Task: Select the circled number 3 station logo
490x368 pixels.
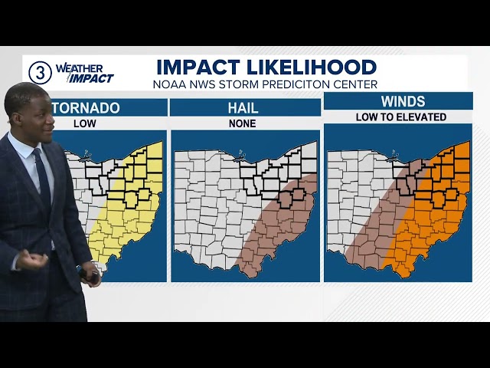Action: click(40, 72)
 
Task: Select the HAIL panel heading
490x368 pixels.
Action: click(244, 108)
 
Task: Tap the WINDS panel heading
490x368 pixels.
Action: click(397, 102)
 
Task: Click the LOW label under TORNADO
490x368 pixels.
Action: click(84, 123)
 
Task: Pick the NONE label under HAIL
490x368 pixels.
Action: click(244, 123)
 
